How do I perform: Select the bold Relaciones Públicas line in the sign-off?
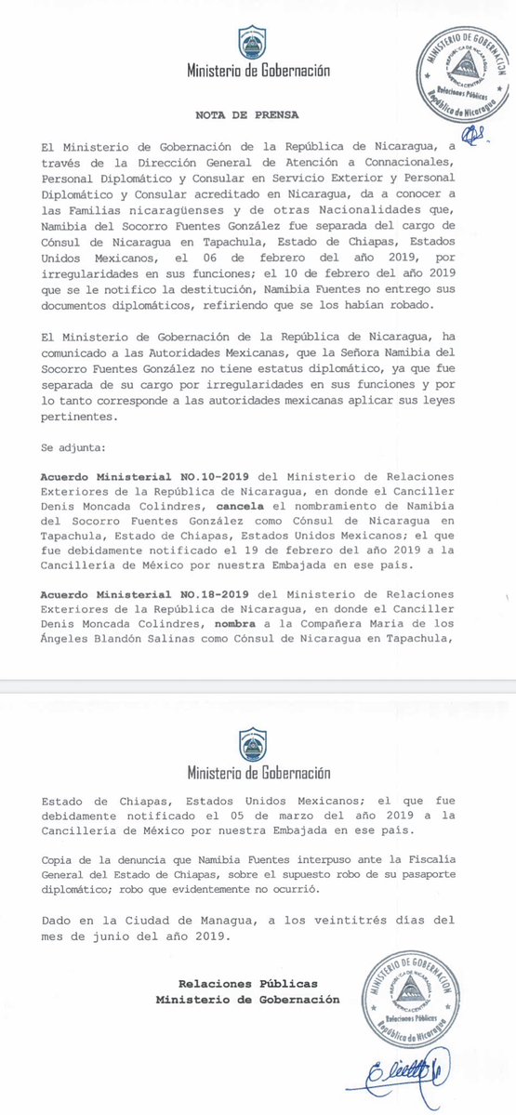point(247,984)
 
